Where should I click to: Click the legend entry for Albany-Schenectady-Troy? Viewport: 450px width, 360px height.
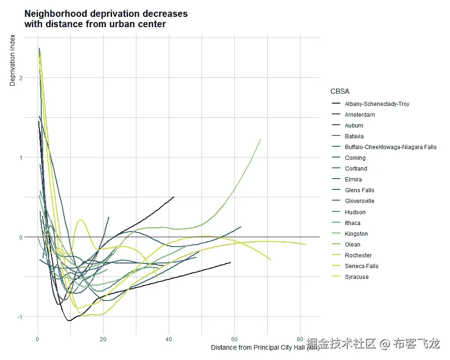coord(377,104)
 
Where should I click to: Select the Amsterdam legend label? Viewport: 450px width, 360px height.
coord(360,115)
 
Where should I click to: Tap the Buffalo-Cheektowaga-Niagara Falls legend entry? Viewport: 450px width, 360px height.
coord(390,147)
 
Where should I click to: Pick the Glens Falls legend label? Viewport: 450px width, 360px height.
coord(360,190)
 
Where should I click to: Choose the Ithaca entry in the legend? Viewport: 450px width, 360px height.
coord(352,223)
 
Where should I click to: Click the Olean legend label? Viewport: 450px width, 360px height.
coord(352,245)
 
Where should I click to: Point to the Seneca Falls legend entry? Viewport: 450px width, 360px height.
coord(361,266)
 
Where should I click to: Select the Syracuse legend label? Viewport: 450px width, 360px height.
coord(357,277)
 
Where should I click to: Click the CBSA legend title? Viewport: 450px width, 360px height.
coord(340,91)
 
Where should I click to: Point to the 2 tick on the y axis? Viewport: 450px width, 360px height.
coord(20,78)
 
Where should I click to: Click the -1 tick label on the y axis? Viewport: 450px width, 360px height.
coord(19,317)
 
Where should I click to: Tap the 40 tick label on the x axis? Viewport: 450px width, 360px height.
coord(169,339)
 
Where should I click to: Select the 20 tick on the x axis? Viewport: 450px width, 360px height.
coord(103,339)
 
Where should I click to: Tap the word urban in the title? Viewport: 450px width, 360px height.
coord(121,24)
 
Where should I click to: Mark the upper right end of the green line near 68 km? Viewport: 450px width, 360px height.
coord(261,139)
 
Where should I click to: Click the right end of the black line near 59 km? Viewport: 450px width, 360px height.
coord(231,262)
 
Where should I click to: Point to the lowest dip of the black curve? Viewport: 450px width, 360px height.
coord(69,321)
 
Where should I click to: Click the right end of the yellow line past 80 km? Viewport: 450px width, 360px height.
coord(306,244)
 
